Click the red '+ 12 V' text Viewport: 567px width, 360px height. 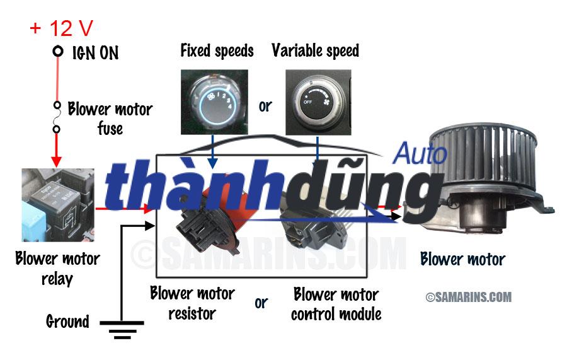pos(61,28)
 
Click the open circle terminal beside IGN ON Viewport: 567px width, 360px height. pos(58,51)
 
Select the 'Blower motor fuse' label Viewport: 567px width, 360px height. pos(110,119)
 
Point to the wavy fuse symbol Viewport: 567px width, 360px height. pos(57,117)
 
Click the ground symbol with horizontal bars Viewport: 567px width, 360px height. pos(122,329)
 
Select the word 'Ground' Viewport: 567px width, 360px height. pos(67,322)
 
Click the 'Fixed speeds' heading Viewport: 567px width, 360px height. pos(217,51)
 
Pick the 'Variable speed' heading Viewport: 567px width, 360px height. pos(316,51)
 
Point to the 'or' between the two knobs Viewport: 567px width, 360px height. pos(265,105)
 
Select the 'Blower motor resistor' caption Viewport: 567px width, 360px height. pos(192,303)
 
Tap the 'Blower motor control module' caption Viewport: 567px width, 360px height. pos(336,303)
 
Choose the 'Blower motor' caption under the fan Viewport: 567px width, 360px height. pos(462,258)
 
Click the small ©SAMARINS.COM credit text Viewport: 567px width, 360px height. pos(469,297)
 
